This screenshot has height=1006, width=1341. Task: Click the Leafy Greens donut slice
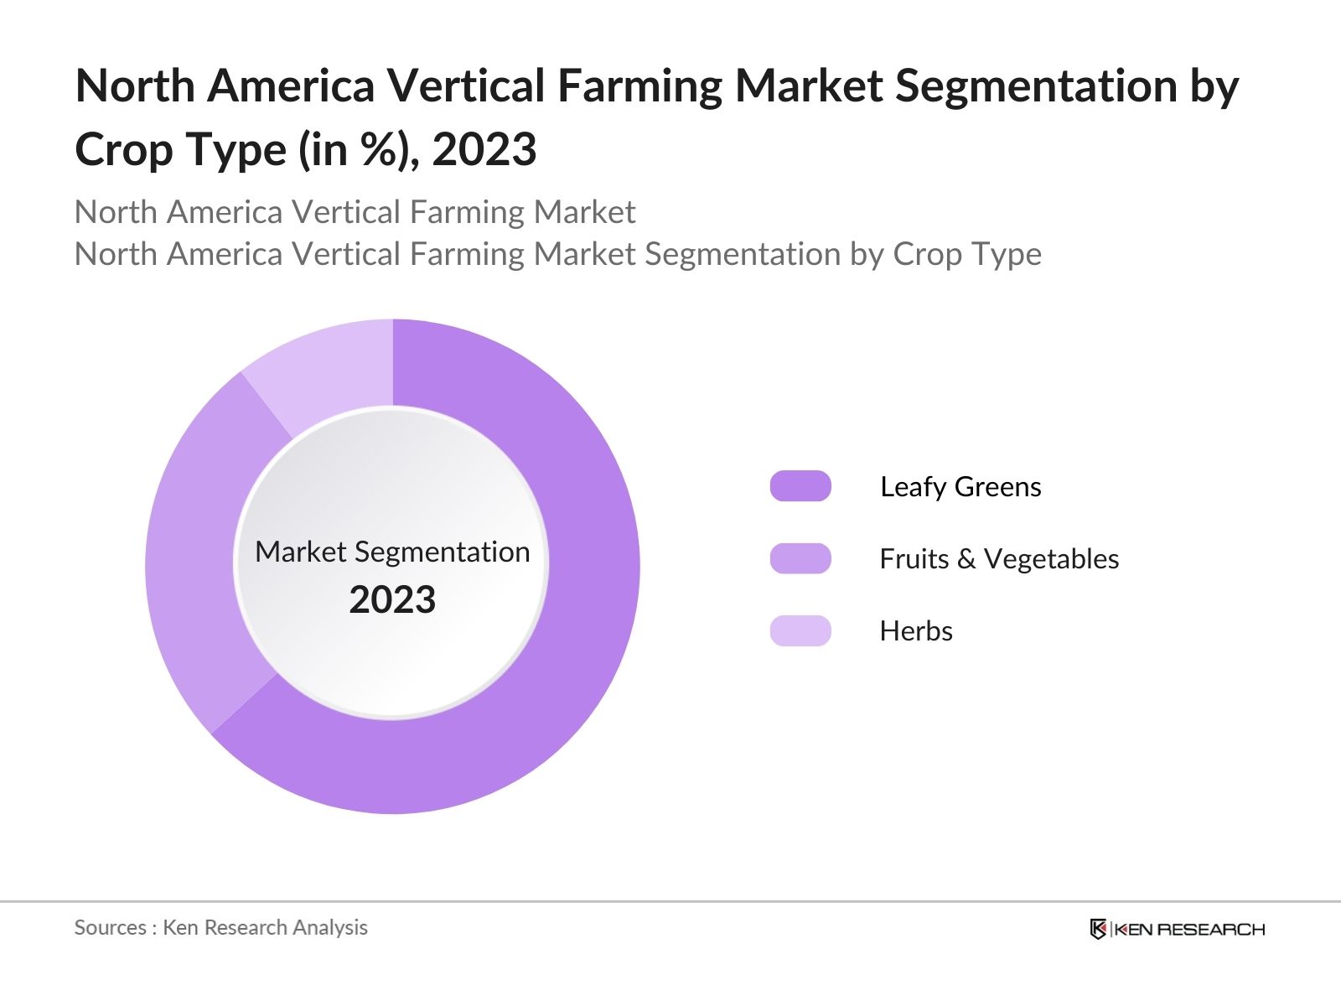coord(578,637)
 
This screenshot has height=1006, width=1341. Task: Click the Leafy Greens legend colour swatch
coord(800,486)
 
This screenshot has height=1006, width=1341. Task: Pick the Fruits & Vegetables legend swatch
coord(800,558)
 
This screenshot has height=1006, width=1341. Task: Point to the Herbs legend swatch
coord(800,630)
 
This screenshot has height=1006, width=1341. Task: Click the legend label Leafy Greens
coord(960,486)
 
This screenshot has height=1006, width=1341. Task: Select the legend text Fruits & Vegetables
coord(999,558)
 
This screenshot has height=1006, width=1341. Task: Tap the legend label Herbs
coord(916,630)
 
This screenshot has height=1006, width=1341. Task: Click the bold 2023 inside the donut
coord(392,600)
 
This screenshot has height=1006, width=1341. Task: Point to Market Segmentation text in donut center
coord(392,552)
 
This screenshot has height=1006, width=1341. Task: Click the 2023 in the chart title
coord(484,150)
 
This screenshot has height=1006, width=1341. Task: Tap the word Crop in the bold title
coord(122,150)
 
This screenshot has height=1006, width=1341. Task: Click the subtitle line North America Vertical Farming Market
coord(355,212)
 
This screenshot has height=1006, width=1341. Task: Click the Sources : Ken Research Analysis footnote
coord(221,927)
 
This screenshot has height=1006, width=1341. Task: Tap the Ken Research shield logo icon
coord(1098,929)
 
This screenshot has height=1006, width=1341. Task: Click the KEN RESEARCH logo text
coord(1189,929)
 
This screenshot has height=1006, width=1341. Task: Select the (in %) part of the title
coord(359,150)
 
